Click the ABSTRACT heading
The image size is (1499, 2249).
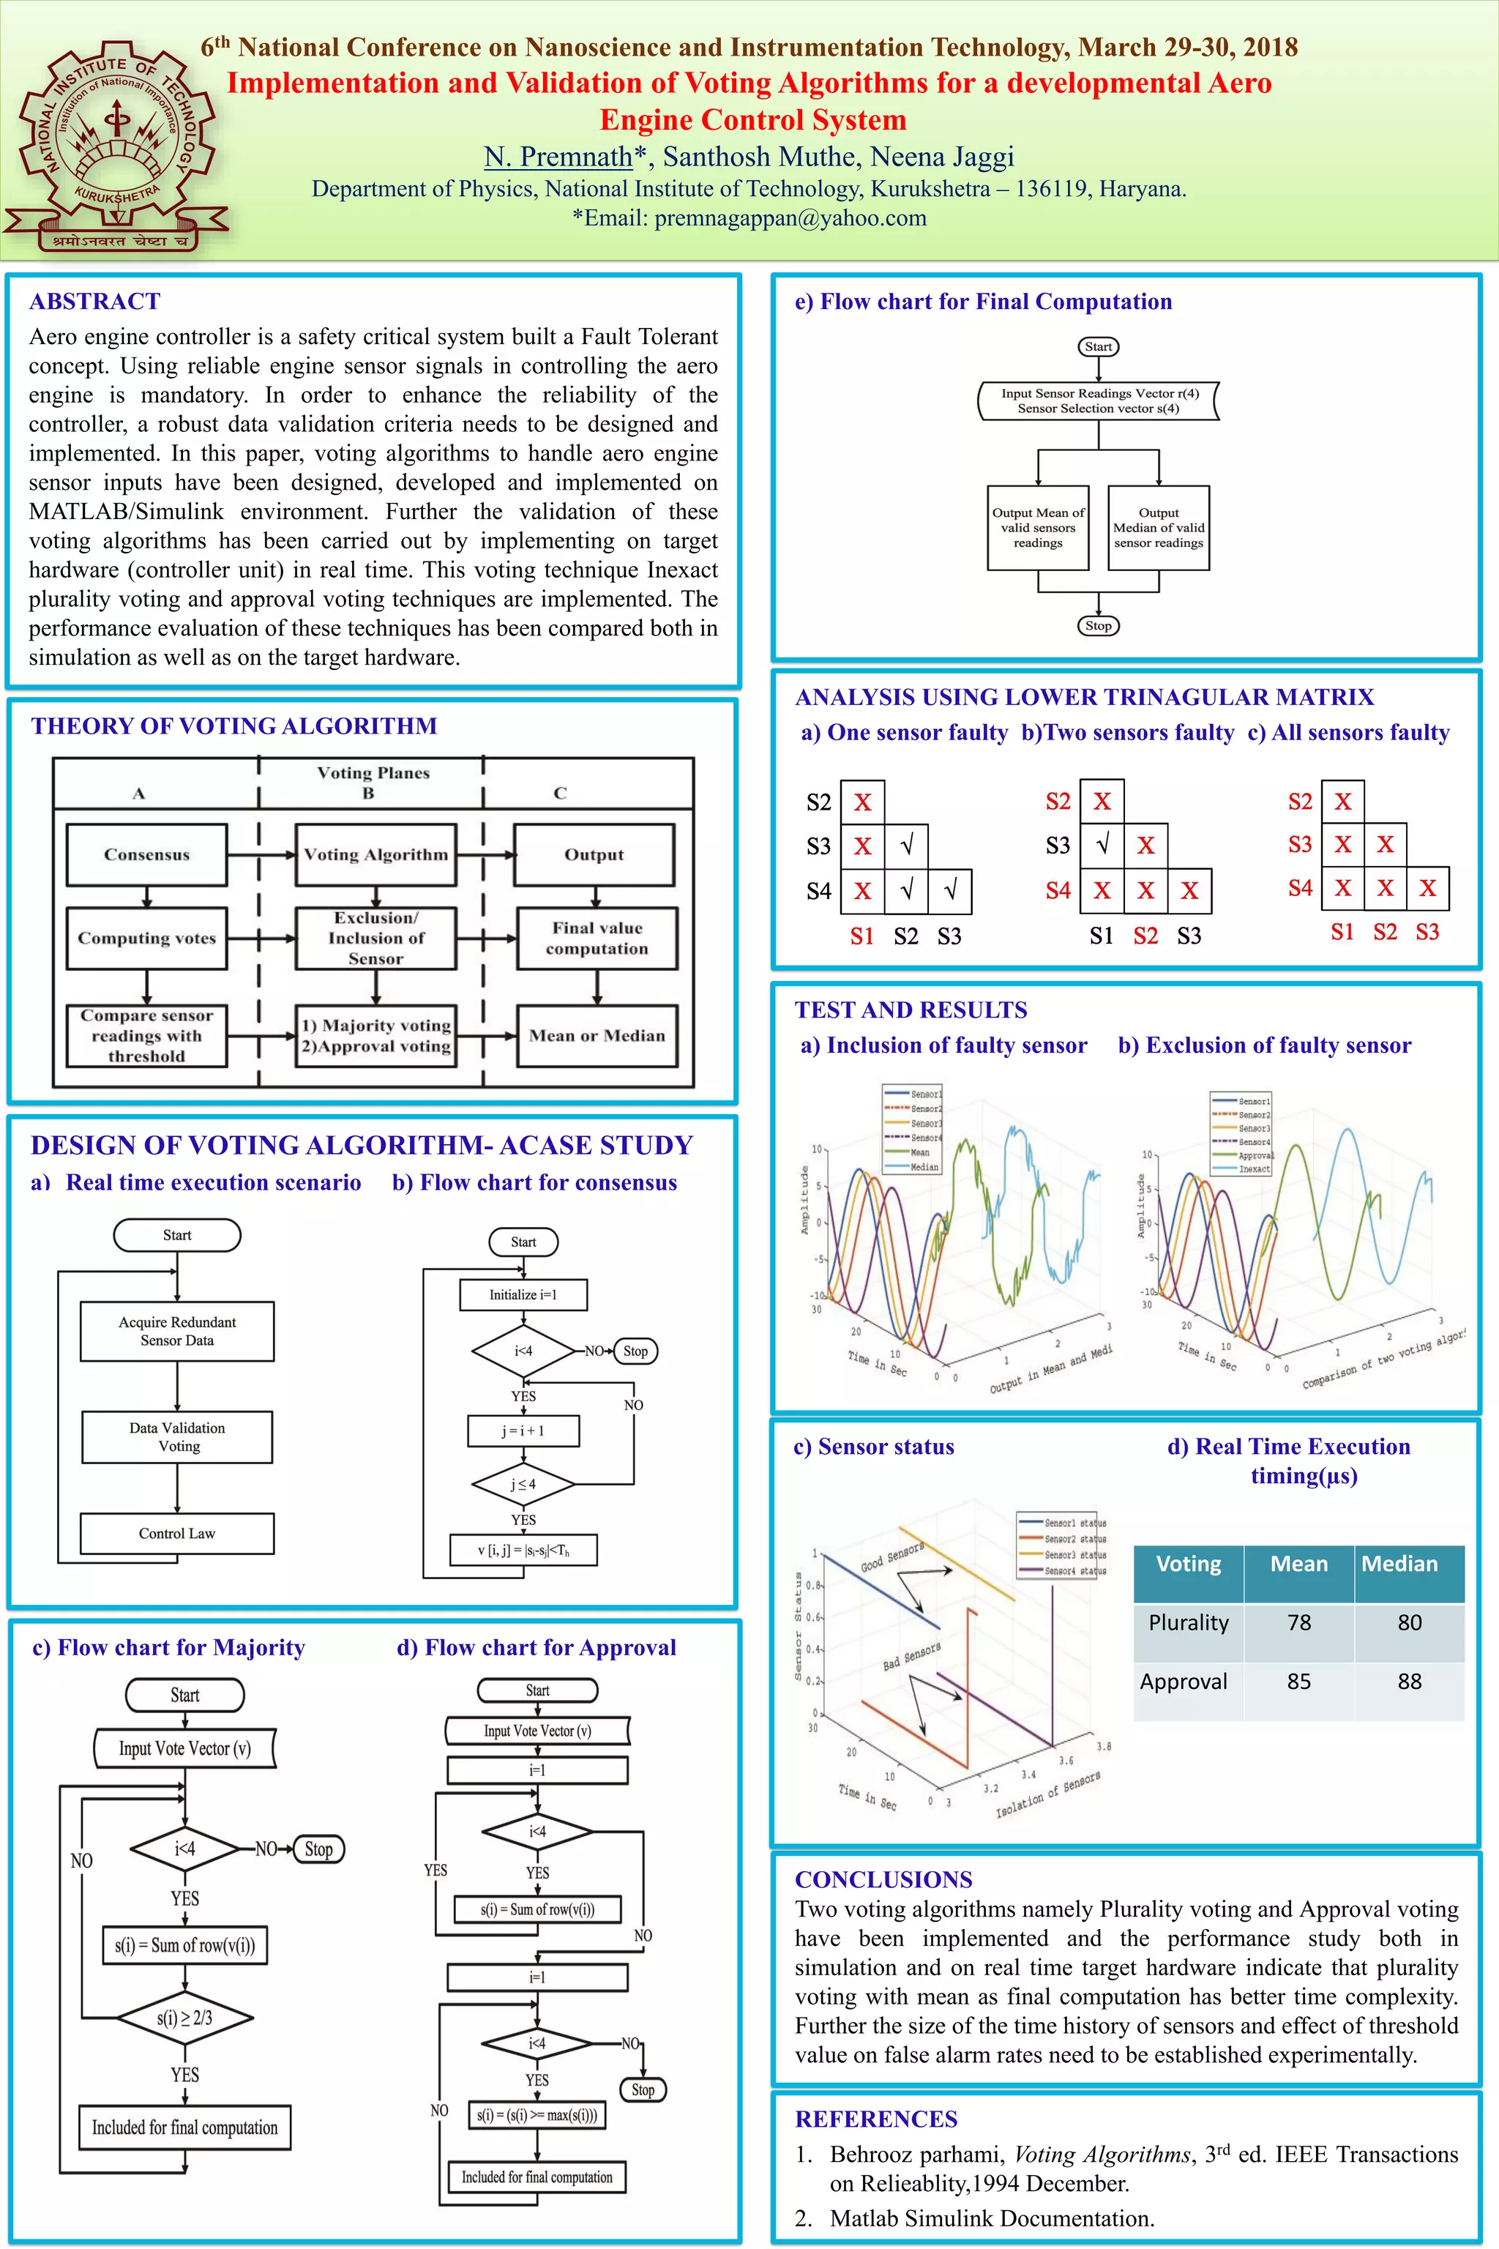[x=94, y=301]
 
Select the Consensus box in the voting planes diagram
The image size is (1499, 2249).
[x=146, y=854]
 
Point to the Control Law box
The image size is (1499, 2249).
[x=177, y=1533]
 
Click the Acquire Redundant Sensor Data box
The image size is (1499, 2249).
[x=177, y=1330]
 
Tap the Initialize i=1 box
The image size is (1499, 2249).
[x=523, y=1294]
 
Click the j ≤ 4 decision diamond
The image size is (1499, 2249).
[x=523, y=1484]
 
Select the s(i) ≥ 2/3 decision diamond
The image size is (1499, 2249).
[x=184, y=2017]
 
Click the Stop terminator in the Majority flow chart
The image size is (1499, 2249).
[x=318, y=1849]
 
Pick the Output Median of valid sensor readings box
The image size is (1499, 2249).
[x=1159, y=528]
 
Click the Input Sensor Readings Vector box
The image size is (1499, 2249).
[x=1099, y=400]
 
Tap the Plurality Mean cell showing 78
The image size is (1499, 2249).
[x=1298, y=1622]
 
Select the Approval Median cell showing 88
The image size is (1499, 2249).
[x=1409, y=1682]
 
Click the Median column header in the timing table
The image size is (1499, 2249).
[x=1399, y=1564]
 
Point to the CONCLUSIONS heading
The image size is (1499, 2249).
[x=883, y=1879]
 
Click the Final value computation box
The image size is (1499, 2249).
[x=597, y=938]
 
